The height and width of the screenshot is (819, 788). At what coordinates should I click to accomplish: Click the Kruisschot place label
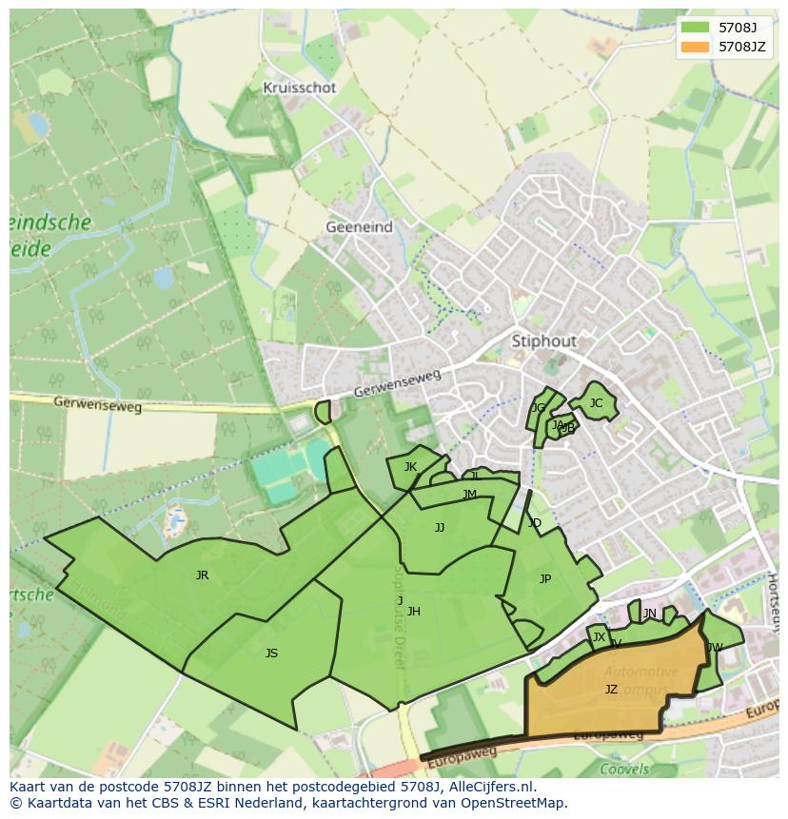click(x=300, y=88)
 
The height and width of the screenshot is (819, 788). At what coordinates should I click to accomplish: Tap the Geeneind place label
click(x=359, y=227)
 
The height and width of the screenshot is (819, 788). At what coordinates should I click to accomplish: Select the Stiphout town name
click(x=544, y=341)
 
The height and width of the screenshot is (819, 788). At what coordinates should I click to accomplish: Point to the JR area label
click(x=202, y=575)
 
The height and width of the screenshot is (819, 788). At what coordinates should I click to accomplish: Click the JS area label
click(x=271, y=653)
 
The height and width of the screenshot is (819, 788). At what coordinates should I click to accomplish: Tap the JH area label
click(x=413, y=612)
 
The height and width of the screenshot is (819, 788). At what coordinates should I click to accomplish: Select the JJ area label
click(x=439, y=528)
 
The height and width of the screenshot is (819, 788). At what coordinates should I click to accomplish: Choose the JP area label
click(x=544, y=579)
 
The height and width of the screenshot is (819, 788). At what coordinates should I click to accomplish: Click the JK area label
click(x=410, y=467)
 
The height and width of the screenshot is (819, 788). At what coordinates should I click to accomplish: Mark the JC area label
click(x=596, y=403)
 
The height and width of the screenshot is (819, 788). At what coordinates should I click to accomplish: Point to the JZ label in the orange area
click(x=611, y=690)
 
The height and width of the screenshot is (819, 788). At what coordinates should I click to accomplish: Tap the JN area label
click(x=649, y=614)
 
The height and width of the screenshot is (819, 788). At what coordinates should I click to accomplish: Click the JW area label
click(x=715, y=648)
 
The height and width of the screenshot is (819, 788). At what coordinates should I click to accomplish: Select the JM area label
click(x=469, y=495)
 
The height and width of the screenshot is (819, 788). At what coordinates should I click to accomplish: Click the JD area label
click(x=534, y=523)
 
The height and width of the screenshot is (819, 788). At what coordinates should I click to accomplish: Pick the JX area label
click(x=599, y=637)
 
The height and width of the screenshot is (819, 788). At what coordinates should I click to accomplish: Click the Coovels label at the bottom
click(x=624, y=770)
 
